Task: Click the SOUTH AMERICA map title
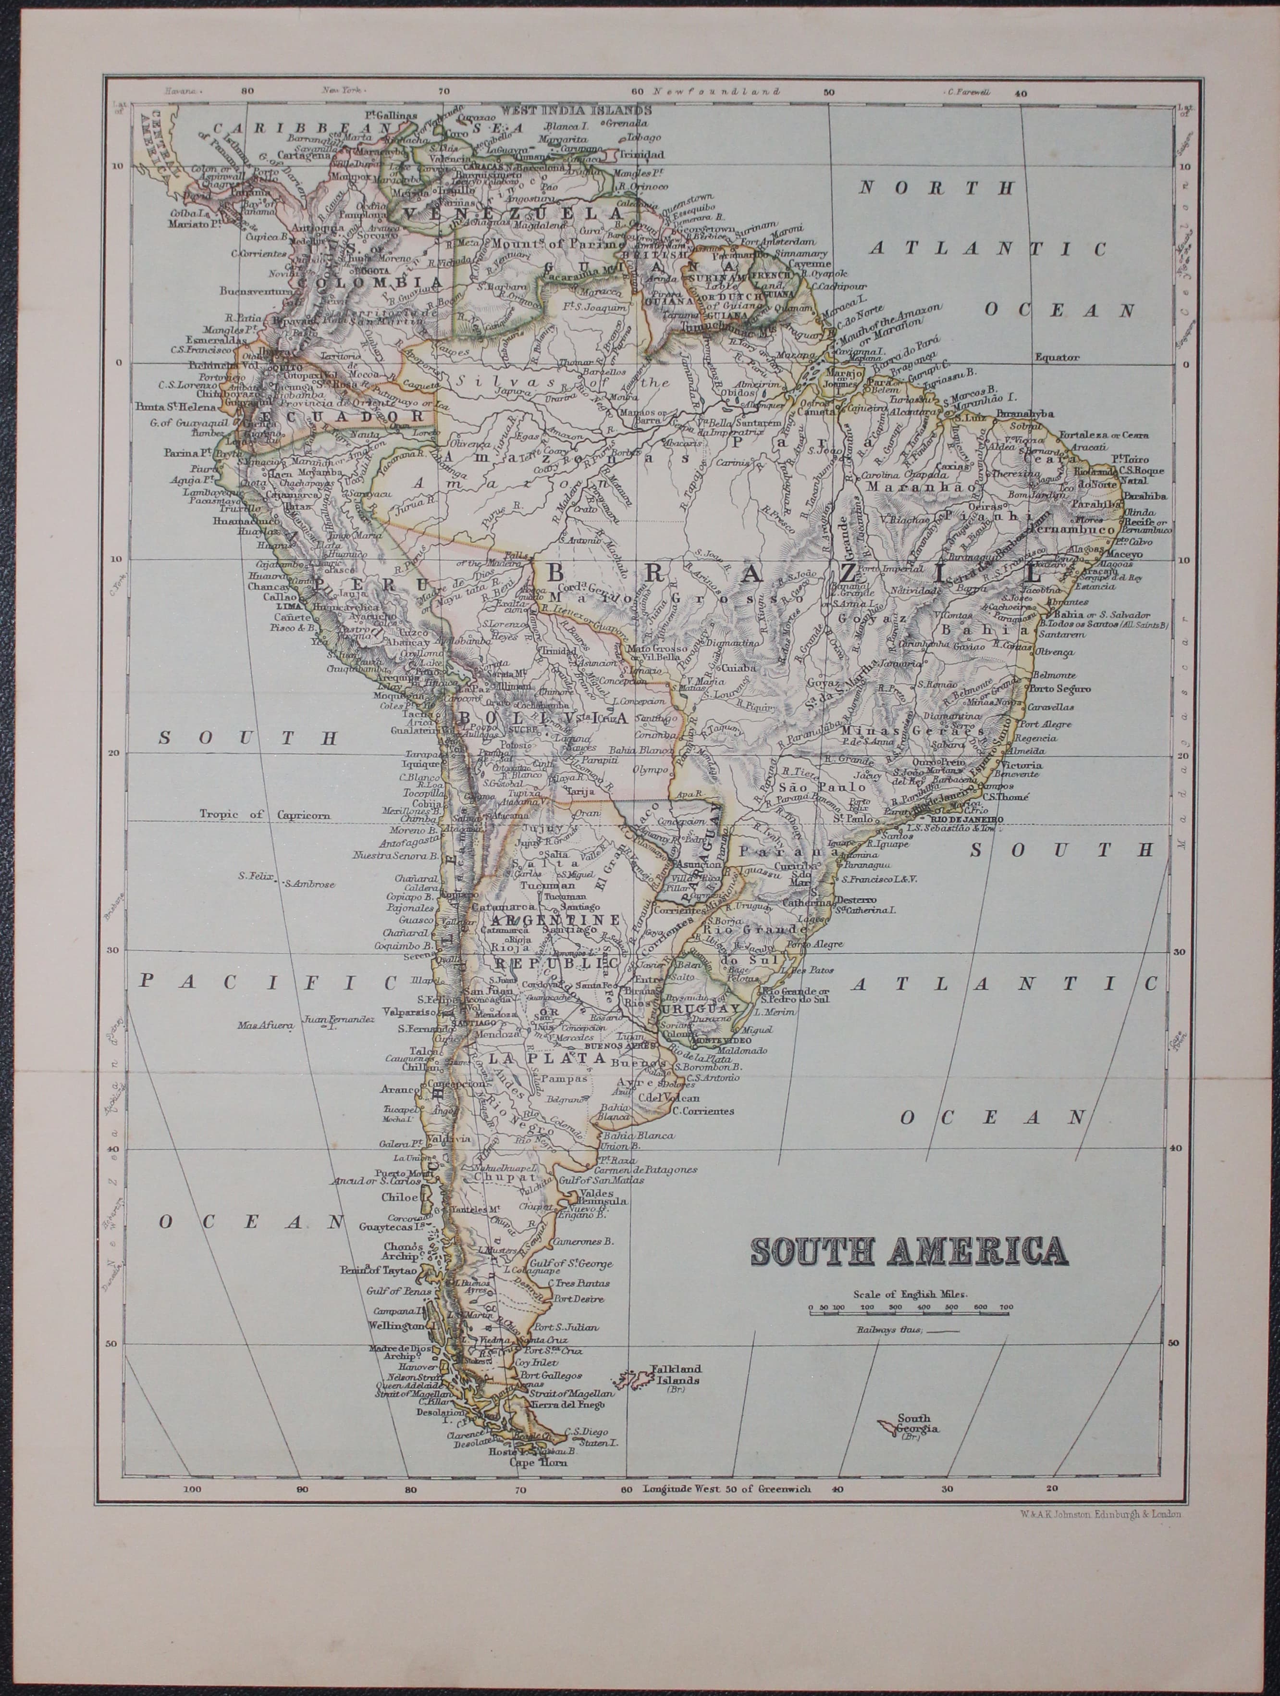[909, 1250]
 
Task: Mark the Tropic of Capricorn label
[265, 815]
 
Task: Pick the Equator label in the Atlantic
[1057, 357]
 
